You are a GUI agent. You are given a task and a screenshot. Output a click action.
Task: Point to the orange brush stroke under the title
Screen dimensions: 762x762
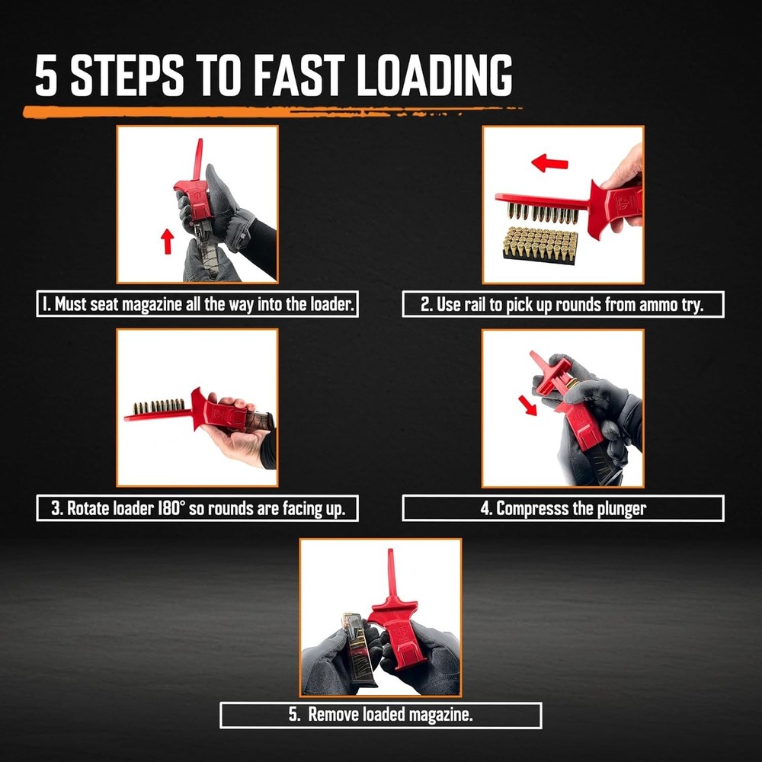point(267,111)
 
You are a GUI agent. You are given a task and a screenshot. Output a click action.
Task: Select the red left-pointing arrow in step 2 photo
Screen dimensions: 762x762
point(549,162)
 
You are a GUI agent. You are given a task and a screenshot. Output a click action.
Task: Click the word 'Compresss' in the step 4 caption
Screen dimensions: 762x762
point(526,509)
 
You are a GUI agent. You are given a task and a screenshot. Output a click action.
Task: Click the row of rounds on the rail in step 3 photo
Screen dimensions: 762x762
point(158,405)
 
